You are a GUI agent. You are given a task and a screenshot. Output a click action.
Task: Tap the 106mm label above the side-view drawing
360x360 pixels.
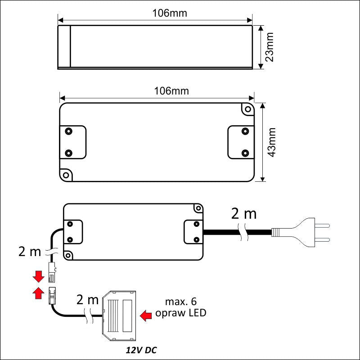click(x=170, y=13)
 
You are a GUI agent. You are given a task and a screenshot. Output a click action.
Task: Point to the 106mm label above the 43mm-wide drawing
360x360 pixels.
click(x=171, y=91)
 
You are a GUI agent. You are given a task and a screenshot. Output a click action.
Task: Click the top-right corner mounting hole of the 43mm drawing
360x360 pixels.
click(x=246, y=109)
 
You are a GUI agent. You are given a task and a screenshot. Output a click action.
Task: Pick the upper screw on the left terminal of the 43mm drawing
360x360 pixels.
click(x=68, y=131)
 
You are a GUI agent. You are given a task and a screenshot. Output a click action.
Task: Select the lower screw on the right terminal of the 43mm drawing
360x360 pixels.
click(x=245, y=153)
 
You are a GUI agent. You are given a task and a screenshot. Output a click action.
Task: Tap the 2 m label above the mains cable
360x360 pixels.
click(x=243, y=214)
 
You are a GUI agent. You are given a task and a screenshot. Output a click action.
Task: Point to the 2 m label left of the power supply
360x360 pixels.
click(x=30, y=252)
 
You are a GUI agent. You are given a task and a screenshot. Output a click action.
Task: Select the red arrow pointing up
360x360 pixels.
click(x=39, y=293)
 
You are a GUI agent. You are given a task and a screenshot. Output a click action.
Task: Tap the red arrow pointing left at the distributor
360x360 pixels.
click(x=147, y=315)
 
